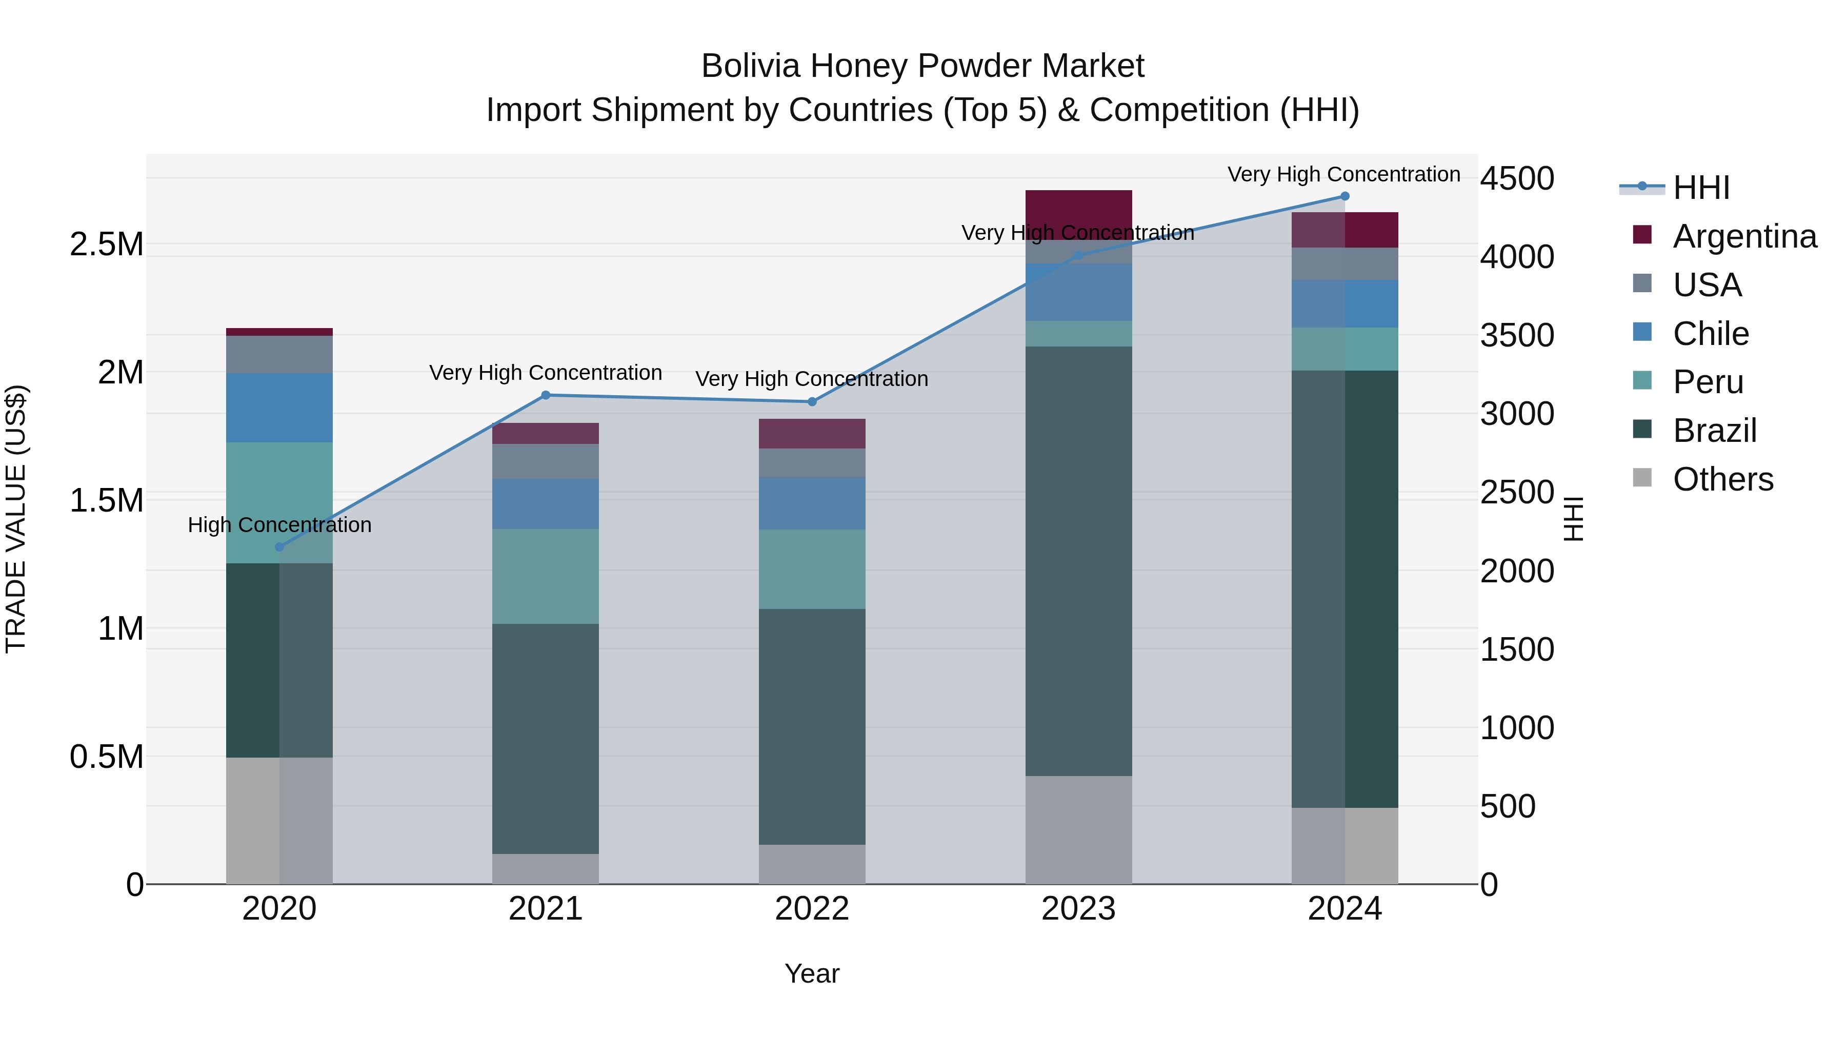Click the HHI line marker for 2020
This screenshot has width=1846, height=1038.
[279, 547]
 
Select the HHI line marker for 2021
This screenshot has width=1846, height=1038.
[546, 395]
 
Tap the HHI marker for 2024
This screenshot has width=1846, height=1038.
[1345, 196]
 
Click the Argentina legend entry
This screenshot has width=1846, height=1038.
[1744, 236]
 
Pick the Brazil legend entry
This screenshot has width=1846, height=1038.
[1714, 431]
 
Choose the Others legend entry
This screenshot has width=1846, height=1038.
[1723, 479]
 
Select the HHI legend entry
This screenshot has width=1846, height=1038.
[1700, 188]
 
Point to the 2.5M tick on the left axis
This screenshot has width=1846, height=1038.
[106, 245]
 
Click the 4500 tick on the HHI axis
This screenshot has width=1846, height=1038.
[1517, 178]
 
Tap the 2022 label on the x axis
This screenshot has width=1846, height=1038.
[812, 909]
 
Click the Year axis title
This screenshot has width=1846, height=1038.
[812, 973]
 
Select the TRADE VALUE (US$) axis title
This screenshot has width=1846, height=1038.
[16, 519]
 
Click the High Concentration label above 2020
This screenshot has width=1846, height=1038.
[279, 525]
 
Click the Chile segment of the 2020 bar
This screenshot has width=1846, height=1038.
[279, 408]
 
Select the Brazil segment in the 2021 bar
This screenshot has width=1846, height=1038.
[546, 739]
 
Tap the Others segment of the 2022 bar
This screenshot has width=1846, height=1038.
[812, 864]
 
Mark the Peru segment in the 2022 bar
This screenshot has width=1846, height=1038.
[812, 569]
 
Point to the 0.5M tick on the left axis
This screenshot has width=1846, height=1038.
[106, 757]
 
